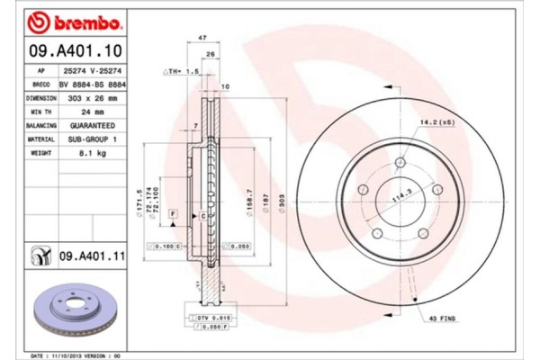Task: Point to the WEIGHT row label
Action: pos(41,154)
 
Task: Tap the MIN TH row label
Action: pos(41,112)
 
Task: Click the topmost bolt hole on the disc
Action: pos(400,162)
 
